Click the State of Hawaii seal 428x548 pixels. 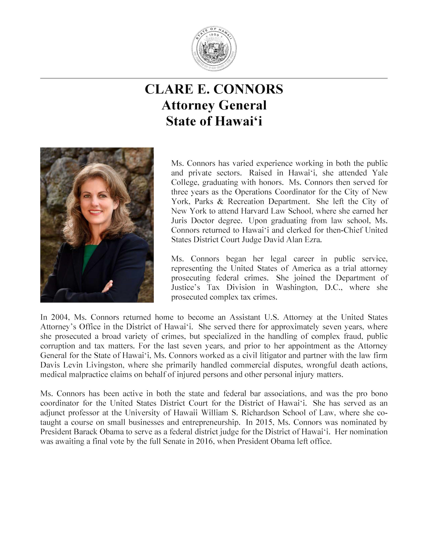[x=214, y=48]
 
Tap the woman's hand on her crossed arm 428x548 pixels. [x=107, y=286]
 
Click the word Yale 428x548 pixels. [x=380, y=173]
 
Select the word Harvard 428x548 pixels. [x=254, y=211]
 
